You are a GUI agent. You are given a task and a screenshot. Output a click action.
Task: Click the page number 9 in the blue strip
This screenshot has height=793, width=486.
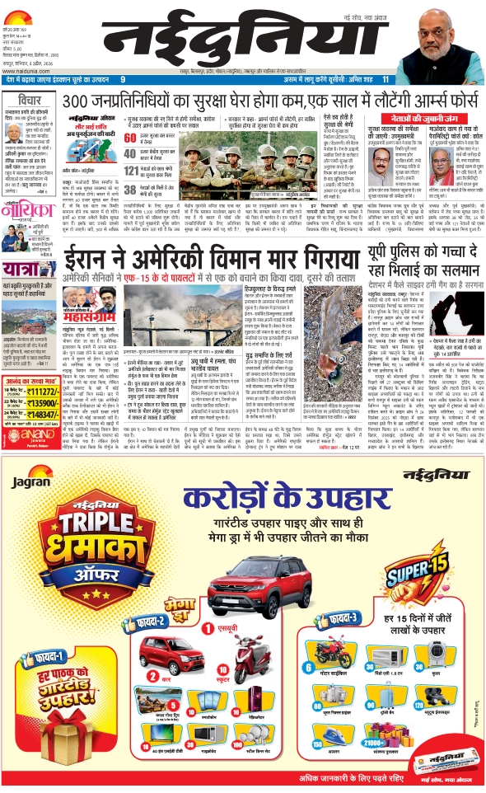122,80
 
